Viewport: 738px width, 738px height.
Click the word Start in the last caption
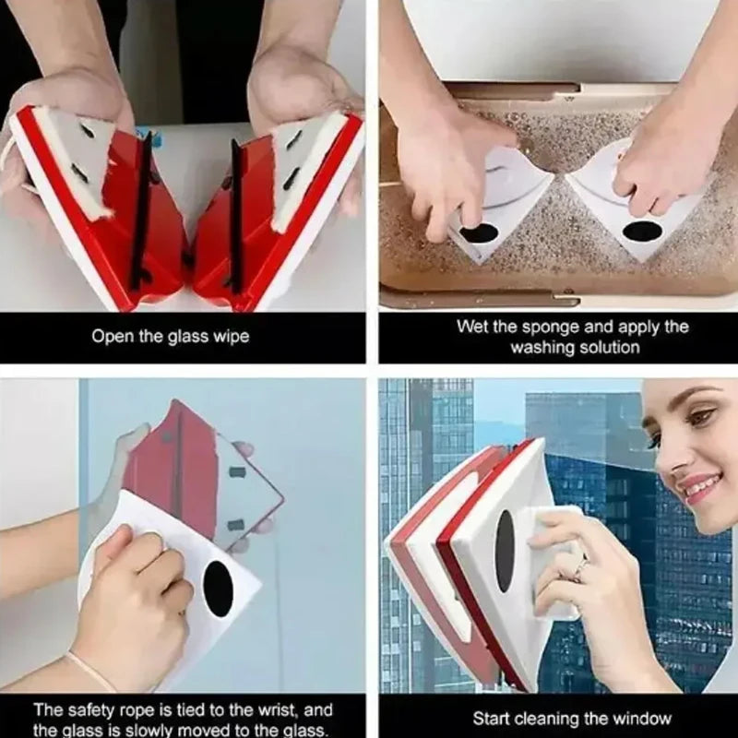(x=490, y=719)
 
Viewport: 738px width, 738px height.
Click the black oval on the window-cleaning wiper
(x=505, y=551)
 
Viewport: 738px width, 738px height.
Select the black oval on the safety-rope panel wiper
(x=218, y=589)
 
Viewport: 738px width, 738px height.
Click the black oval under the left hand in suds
(x=479, y=233)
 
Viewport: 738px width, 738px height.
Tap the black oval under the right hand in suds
(x=642, y=231)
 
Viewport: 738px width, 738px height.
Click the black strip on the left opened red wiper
(x=140, y=212)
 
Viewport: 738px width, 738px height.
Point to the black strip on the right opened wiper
(x=236, y=216)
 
